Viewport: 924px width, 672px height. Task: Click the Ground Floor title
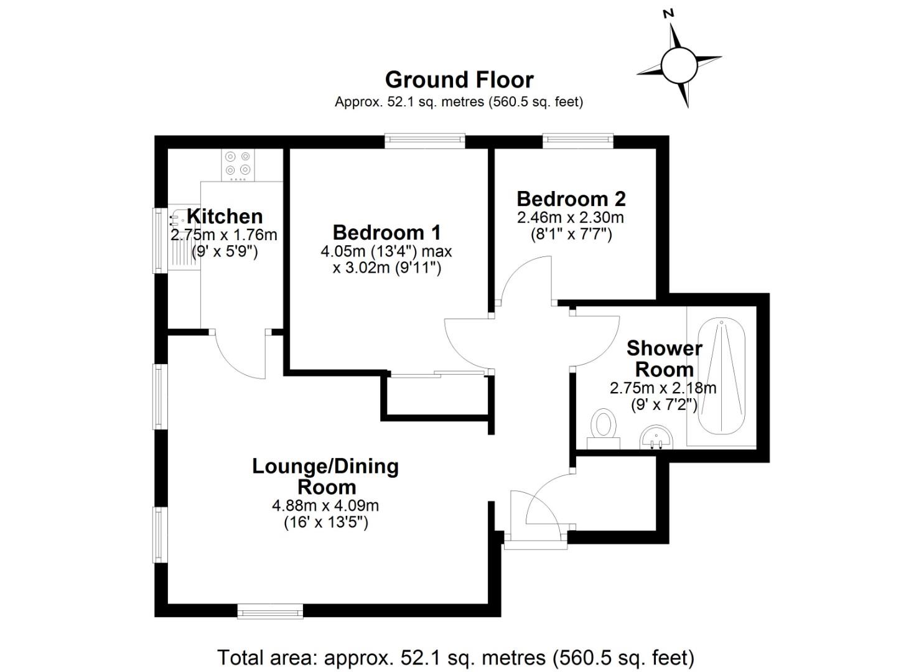[459, 80]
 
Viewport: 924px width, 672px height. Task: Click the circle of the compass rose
[678, 65]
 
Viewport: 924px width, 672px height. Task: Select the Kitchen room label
[225, 217]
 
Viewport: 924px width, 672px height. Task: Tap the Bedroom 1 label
[386, 233]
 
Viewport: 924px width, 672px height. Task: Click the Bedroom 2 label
[571, 199]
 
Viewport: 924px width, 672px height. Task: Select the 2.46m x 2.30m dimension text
[571, 218]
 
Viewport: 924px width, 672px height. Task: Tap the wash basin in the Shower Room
[655, 437]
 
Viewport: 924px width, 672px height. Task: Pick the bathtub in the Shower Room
[722, 376]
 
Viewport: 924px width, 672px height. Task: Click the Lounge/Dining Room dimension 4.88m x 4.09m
[325, 505]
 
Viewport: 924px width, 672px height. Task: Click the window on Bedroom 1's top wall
[424, 141]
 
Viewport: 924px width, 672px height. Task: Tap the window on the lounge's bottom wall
[270, 611]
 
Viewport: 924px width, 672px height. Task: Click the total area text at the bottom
[455, 657]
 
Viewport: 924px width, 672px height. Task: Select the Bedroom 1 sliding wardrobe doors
[436, 374]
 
